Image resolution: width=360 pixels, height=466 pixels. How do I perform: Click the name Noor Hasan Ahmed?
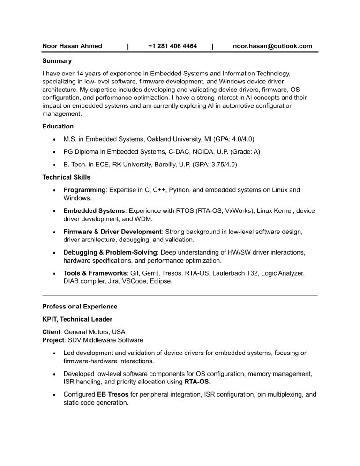[72, 46]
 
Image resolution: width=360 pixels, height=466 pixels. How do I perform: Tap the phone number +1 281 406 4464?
[172, 46]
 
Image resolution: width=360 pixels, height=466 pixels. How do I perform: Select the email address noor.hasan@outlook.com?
[272, 46]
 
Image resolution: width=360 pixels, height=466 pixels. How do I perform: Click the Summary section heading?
[57, 61]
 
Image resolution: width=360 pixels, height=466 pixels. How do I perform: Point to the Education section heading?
[58, 127]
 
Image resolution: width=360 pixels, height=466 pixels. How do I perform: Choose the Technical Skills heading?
[66, 177]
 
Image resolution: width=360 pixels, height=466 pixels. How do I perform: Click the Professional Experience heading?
[80, 307]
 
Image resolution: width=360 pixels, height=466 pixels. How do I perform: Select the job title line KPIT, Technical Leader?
[77, 320]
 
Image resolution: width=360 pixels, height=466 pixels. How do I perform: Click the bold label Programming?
[84, 190]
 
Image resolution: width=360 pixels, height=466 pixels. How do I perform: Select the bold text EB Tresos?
[112, 394]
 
